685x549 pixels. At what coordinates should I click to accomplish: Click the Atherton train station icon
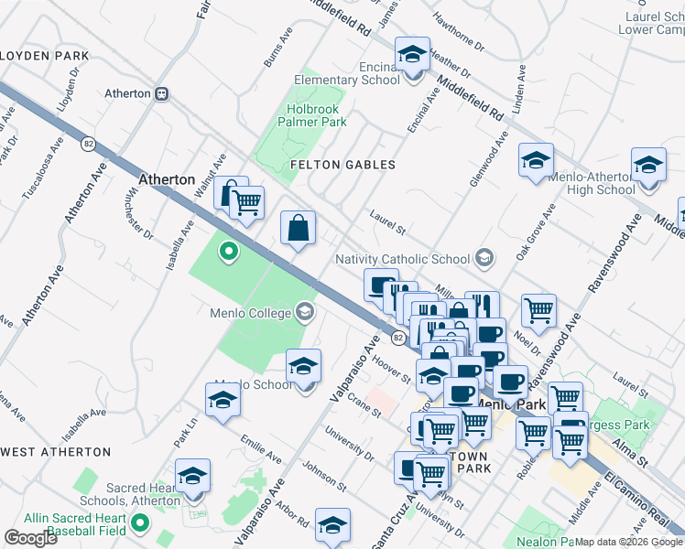[x=162, y=93]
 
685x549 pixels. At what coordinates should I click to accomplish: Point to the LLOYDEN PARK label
[x=43, y=56]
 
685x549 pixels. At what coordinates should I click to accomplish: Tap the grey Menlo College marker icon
[x=305, y=313]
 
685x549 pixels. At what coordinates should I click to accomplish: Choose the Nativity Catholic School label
[x=403, y=259]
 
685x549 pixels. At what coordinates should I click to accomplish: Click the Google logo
[x=30, y=538]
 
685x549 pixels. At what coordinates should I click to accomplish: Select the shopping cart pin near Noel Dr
[x=539, y=310]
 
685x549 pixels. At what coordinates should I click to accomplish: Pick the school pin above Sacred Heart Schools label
[x=193, y=476]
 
